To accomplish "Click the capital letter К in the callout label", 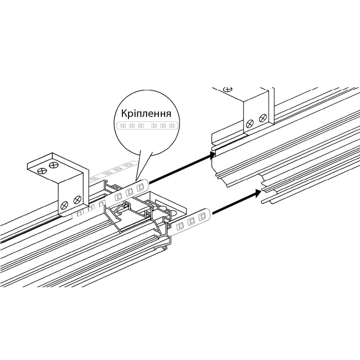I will click(x=125, y=114).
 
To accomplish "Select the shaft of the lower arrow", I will click(x=234, y=203).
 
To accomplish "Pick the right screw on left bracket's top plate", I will click(x=54, y=165).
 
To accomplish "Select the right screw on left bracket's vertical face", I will click(x=77, y=200).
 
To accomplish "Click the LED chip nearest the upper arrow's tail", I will click(x=140, y=187).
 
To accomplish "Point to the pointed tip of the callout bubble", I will click(x=136, y=179).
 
